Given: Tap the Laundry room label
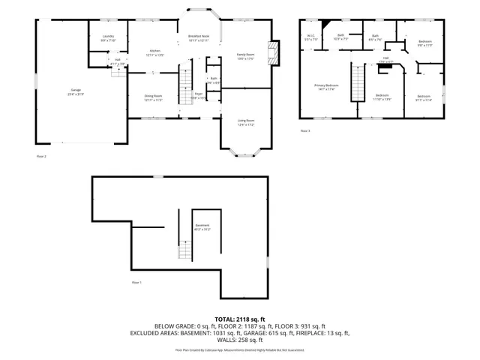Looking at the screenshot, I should click(109, 39).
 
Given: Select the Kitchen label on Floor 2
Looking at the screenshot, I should click(154, 52).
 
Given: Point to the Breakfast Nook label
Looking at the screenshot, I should click(199, 39).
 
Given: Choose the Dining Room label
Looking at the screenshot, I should click(154, 97).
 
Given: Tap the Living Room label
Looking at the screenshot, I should click(246, 122).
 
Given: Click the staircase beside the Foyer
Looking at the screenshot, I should click(185, 87).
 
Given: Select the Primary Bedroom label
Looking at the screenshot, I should click(325, 87).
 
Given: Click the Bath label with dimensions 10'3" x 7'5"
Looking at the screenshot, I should click(340, 37).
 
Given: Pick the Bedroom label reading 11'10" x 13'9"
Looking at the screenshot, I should click(382, 97).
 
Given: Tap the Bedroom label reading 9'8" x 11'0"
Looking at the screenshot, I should click(425, 42).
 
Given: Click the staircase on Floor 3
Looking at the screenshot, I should click(358, 79).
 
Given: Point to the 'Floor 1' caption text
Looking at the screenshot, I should click(136, 282).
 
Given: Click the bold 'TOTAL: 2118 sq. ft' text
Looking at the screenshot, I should click(240, 319).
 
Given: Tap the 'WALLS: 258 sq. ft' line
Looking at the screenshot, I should click(240, 340).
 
